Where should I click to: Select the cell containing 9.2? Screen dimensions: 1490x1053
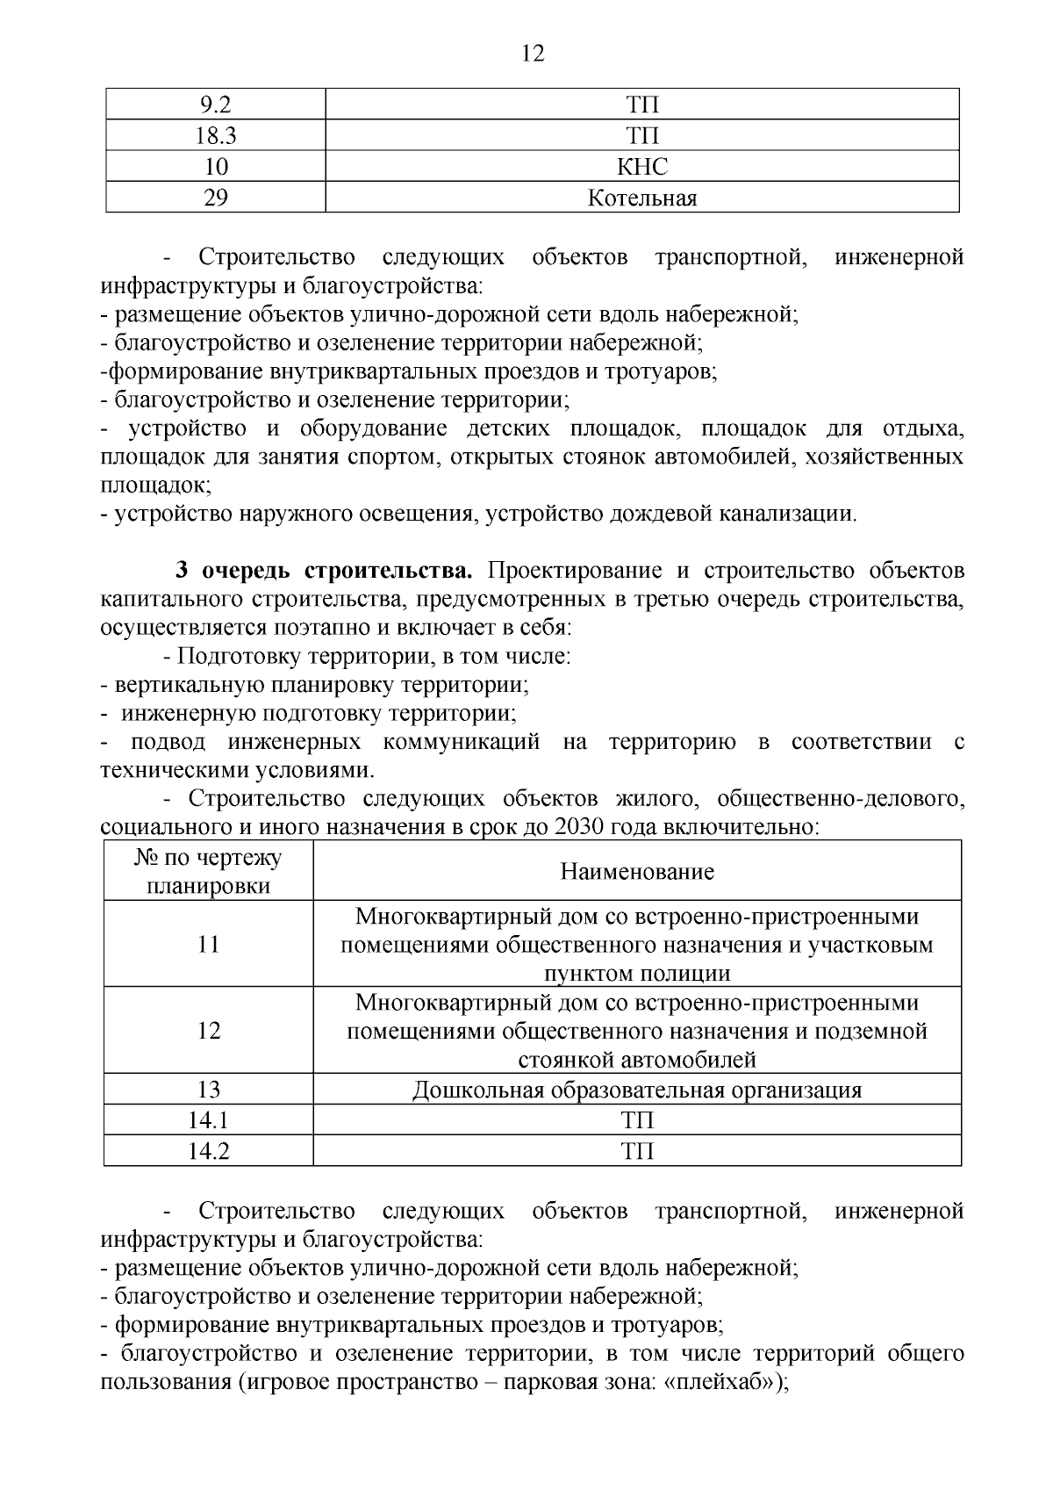click(216, 105)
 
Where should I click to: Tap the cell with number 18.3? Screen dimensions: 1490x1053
click(216, 136)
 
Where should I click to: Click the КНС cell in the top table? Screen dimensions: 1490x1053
click(642, 167)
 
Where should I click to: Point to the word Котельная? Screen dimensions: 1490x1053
click(642, 198)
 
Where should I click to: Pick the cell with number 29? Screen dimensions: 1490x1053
click(216, 198)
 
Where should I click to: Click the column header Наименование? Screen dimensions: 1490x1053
click(637, 871)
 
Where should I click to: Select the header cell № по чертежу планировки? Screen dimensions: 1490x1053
click(209, 871)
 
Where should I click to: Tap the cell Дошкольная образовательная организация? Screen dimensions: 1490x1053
click(637, 1091)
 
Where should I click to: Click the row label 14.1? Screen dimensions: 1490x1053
click(209, 1120)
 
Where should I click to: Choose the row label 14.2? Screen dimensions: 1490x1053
click(209, 1151)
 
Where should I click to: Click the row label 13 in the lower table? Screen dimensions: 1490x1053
click(209, 1091)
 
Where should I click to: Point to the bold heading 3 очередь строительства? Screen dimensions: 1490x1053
click(324, 571)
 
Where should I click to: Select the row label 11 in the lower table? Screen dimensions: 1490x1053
click(209, 944)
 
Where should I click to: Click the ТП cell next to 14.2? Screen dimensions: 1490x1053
click(637, 1151)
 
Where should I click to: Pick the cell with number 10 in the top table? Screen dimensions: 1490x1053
click(216, 167)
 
